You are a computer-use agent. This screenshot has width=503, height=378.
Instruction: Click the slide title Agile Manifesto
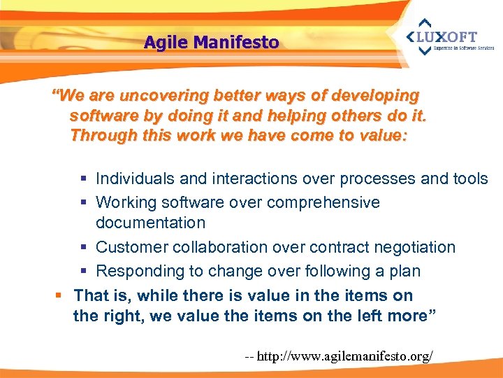211,43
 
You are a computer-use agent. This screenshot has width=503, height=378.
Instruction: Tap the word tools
470,179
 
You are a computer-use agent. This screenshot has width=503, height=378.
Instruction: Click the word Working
124,203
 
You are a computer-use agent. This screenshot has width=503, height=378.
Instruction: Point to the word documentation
150,223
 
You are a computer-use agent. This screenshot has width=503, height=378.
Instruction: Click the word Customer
129,247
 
